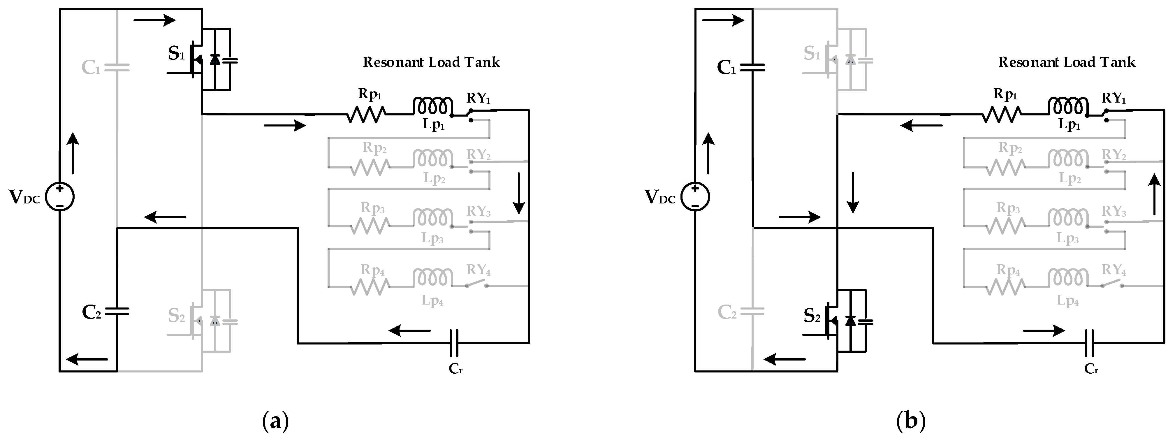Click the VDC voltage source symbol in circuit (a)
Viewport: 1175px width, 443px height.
click(x=60, y=197)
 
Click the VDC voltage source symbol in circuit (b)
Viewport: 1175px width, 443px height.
click(x=695, y=197)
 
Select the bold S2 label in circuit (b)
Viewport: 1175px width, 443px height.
click(x=812, y=316)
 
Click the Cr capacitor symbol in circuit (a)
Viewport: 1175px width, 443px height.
click(x=454, y=343)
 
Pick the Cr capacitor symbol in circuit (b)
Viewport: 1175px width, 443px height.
click(x=1089, y=343)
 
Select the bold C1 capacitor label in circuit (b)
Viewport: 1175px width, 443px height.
click(x=727, y=68)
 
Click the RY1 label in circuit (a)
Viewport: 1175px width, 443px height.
click(x=478, y=98)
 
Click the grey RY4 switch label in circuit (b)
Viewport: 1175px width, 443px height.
click(x=1114, y=270)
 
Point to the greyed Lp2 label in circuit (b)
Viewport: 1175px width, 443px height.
click(x=1070, y=178)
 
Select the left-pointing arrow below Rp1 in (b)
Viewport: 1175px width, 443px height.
click(x=921, y=125)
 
